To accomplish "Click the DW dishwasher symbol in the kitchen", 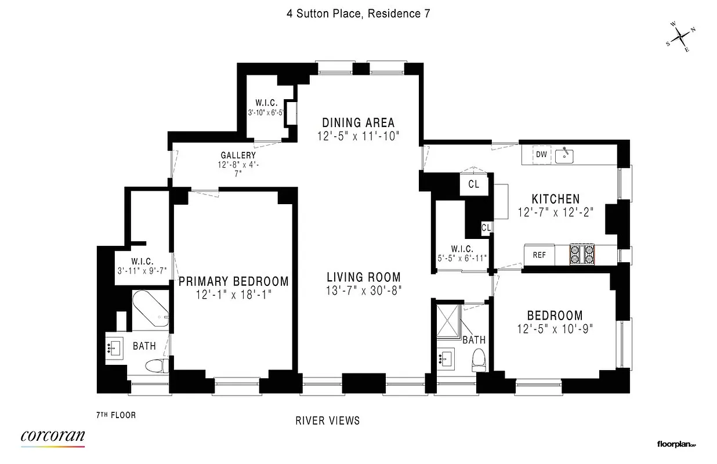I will (x=541, y=154).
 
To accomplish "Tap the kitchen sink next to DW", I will (x=564, y=155).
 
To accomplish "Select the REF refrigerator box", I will (x=539, y=255).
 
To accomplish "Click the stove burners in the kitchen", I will (x=583, y=254).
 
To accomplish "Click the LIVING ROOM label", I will (x=363, y=277).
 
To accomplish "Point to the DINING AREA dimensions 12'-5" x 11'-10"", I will (x=358, y=136).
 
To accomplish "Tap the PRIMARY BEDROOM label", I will (x=233, y=281).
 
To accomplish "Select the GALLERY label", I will (x=238, y=155).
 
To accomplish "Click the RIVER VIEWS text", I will (x=328, y=420).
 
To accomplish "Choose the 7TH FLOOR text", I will (x=116, y=415).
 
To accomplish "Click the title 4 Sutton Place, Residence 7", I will (x=358, y=13).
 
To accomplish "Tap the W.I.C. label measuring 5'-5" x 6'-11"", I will (x=462, y=253).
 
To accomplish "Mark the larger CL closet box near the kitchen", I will (x=473, y=184).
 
